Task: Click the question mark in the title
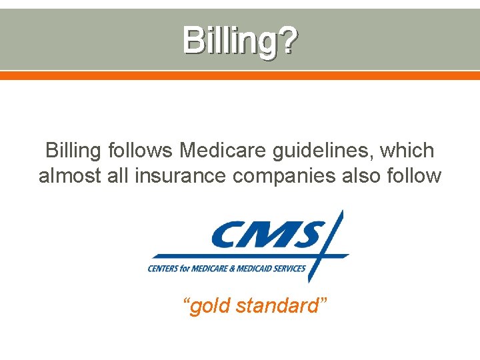[287, 41]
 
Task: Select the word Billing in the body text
[71, 151]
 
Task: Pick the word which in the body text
[408, 151]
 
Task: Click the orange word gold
[209, 306]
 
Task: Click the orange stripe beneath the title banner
[239, 76]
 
